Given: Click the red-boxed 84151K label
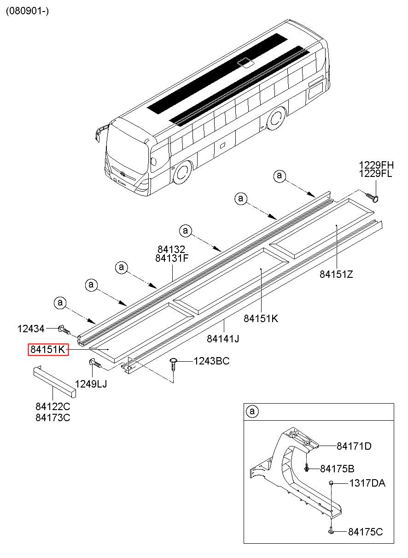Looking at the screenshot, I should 48,350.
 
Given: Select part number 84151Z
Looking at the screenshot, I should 336,274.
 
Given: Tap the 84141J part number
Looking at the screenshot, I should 223,339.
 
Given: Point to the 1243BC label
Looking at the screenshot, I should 211,361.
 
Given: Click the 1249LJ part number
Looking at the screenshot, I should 91,383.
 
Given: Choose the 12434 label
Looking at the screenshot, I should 31,329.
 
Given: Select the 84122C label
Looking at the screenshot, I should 52,407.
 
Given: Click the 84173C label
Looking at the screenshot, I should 52,418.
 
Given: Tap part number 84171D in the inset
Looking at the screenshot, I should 354,446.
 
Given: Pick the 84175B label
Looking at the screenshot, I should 337,469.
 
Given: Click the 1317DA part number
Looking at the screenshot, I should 367,483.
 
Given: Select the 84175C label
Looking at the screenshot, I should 365,532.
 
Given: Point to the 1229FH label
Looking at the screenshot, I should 377,165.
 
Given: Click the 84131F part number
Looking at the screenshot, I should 172,258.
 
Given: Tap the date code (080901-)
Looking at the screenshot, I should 27,11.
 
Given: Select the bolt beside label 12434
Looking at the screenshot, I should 64,330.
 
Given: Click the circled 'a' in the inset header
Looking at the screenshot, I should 252,411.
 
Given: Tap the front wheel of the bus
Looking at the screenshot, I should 182,172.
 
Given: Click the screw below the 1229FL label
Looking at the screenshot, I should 373,197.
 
